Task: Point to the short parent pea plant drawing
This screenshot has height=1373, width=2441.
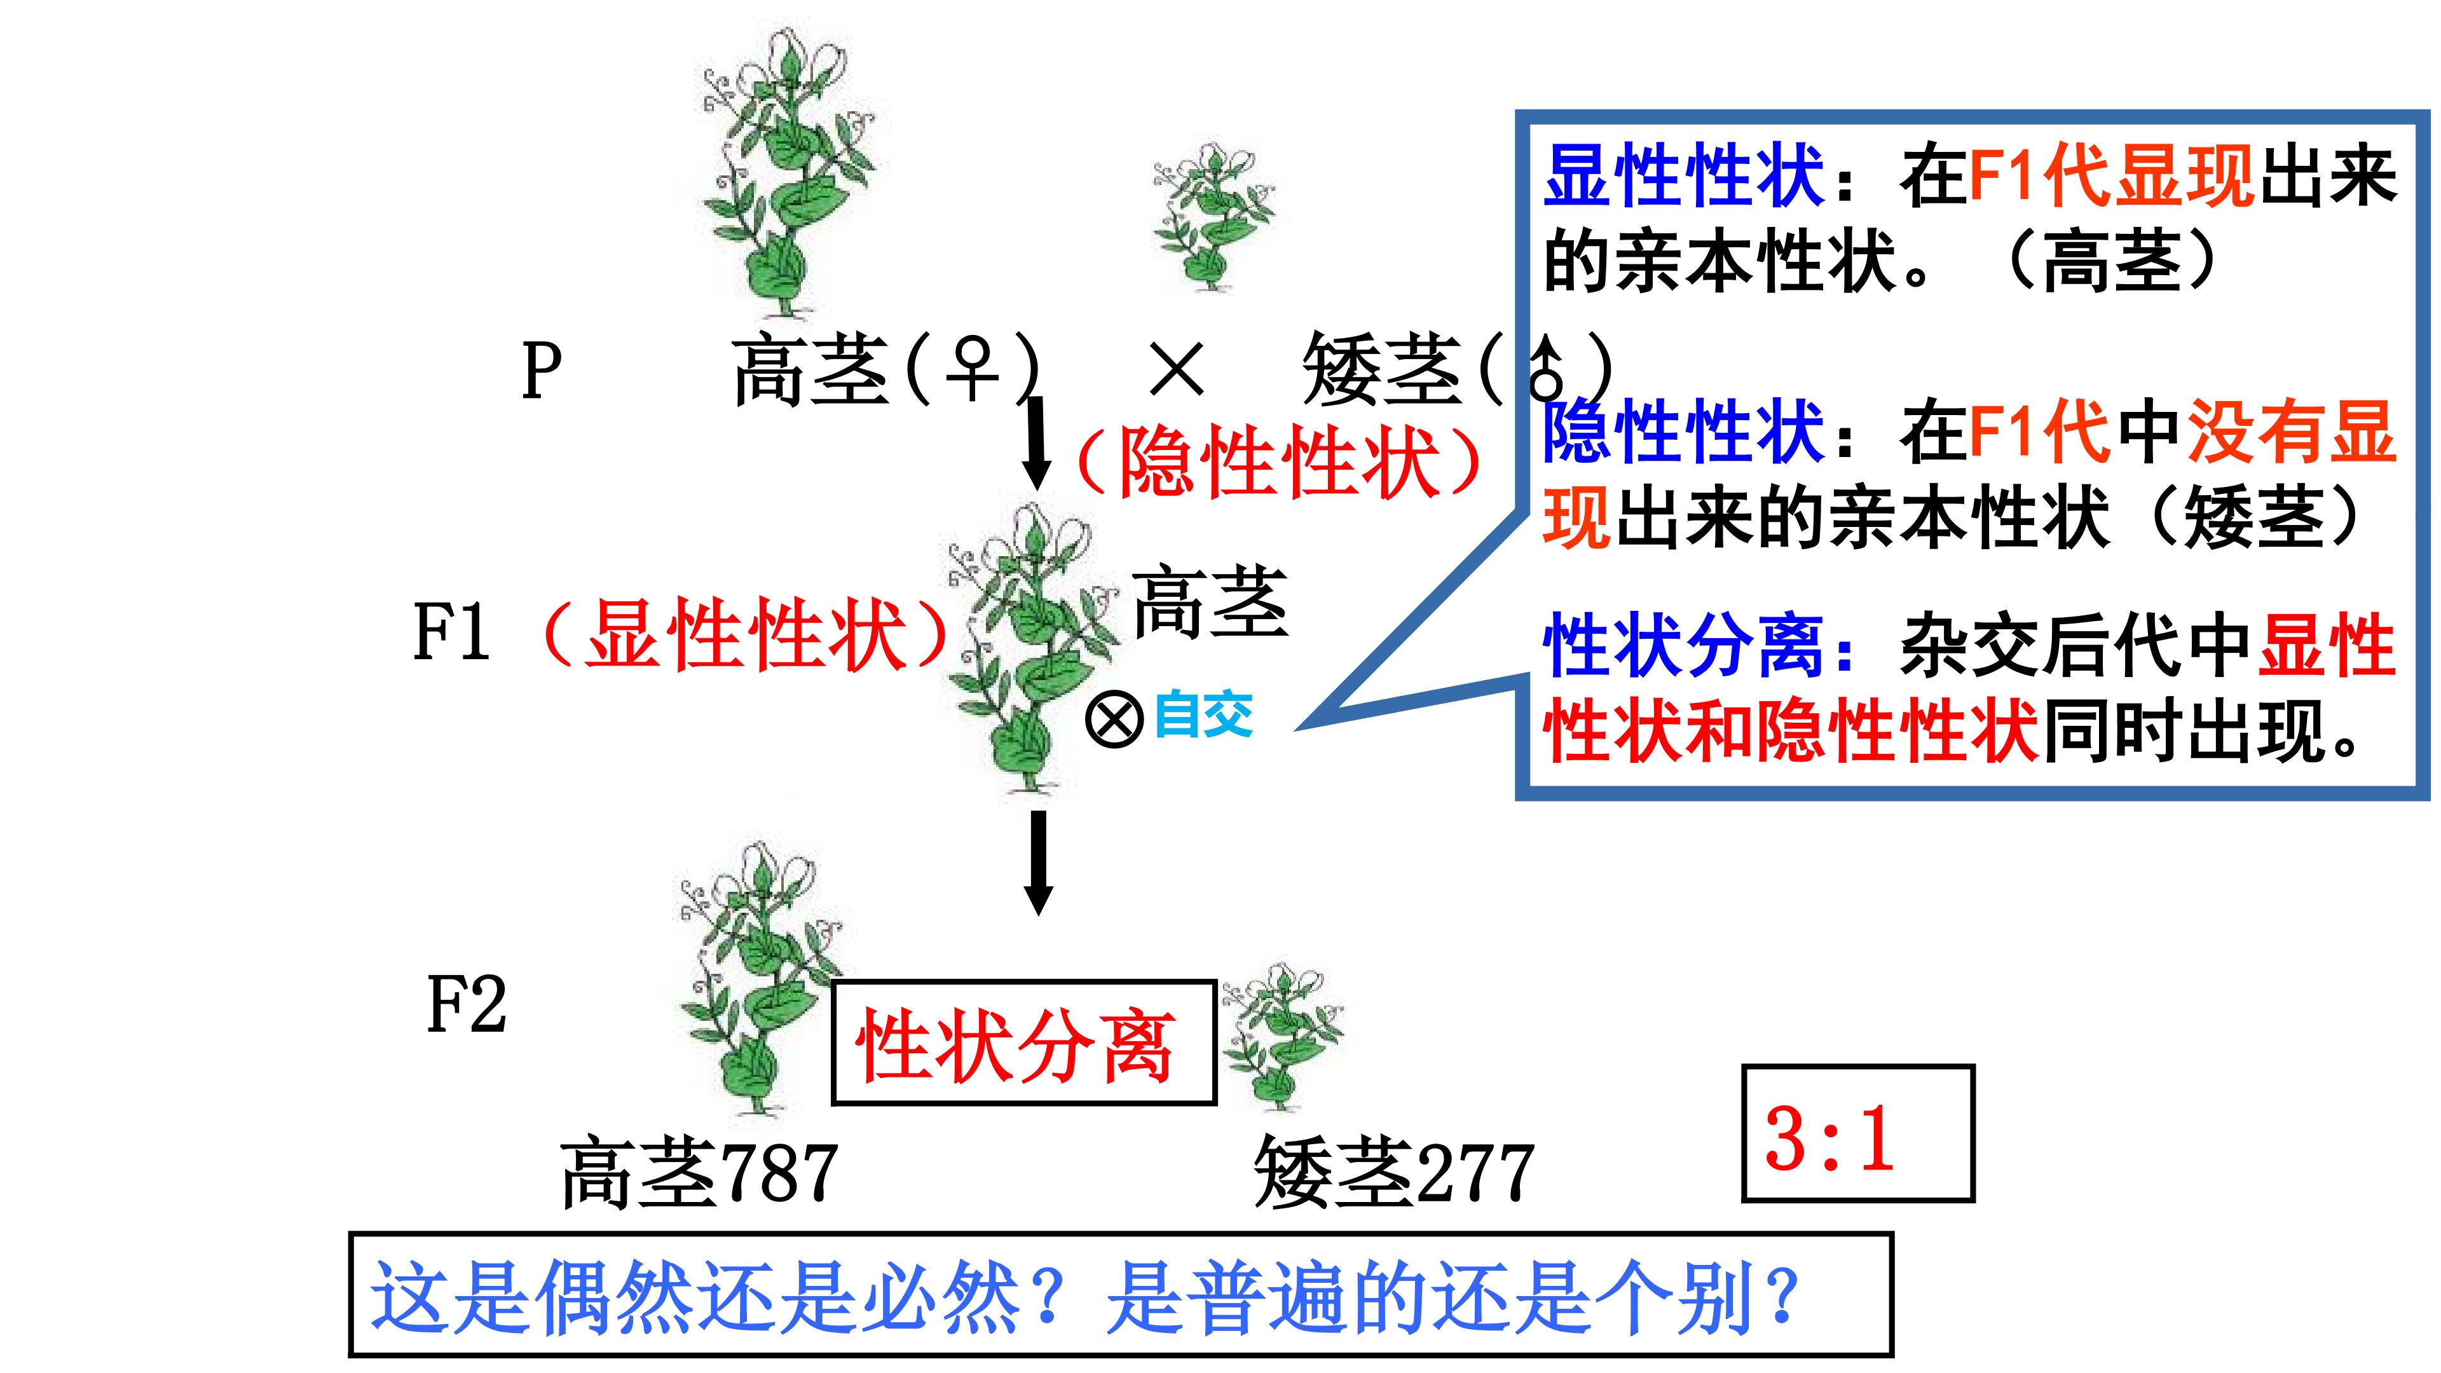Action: point(1212,218)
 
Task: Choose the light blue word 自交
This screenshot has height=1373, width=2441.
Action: point(1203,714)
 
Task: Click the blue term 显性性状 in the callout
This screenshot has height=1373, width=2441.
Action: point(1684,176)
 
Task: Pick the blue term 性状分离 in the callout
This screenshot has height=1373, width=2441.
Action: point(1684,646)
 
